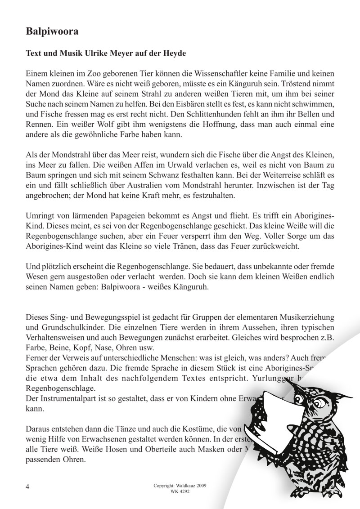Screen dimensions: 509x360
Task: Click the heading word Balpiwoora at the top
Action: (53, 31)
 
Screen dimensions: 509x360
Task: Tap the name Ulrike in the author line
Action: (106, 53)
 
